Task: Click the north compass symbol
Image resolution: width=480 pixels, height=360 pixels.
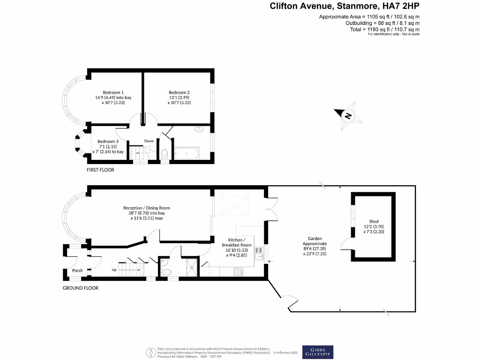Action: tap(348, 115)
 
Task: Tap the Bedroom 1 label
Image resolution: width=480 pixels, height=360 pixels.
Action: tap(113, 92)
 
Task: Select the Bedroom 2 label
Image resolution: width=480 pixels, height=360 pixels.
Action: tap(179, 92)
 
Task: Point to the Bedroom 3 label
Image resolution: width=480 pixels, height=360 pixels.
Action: tap(107, 141)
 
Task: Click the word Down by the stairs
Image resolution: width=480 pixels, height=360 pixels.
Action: tap(149, 141)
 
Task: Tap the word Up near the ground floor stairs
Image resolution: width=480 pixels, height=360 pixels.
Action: tap(114, 270)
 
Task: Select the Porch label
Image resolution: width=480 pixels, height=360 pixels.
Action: tap(77, 270)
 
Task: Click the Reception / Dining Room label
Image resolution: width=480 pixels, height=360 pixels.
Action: tap(147, 208)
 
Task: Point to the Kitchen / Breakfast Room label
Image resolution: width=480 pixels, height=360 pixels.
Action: tap(236, 242)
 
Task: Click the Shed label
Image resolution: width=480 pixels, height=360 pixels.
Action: tap(374, 221)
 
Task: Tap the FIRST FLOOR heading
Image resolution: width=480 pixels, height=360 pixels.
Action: tap(100, 170)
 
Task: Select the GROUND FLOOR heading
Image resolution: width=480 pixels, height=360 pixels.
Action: tap(81, 288)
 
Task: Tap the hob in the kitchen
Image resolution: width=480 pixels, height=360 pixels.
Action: tap(238, 270)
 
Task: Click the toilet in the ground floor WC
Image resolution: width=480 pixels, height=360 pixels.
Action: tap(165, 271)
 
